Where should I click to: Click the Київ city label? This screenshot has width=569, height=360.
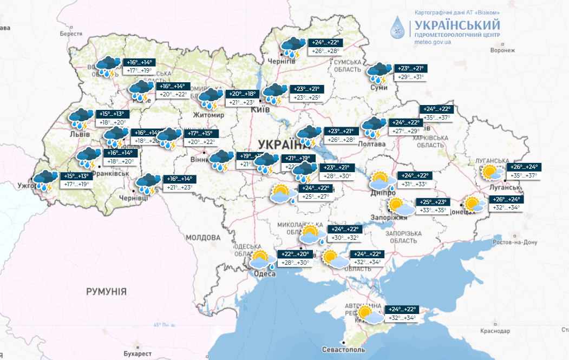261,110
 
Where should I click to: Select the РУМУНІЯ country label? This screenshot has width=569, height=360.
106,291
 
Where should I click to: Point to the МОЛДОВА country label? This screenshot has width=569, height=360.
204,238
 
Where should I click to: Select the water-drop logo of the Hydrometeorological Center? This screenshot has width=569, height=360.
398,27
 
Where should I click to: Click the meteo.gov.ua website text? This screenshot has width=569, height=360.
433,42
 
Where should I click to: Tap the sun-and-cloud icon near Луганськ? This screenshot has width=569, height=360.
492,173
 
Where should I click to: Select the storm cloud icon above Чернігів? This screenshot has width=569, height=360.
292,47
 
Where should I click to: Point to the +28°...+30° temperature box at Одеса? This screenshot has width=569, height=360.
295,263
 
